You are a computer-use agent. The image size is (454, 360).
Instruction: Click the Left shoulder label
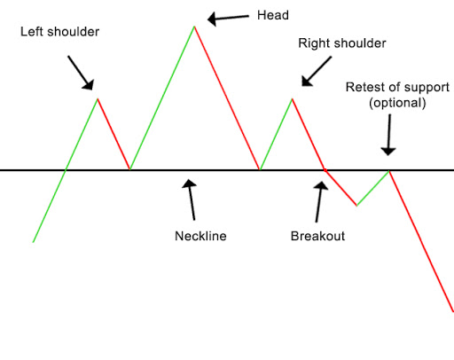click(59, 32)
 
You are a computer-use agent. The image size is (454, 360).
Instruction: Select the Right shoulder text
click(342, 43)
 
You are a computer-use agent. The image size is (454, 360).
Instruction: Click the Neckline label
click(201, 237)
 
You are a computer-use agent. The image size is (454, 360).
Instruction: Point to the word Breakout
click(317, 237)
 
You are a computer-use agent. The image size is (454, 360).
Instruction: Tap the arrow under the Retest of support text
click(387, 137)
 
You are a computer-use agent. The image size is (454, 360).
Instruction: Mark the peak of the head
click(194, 26)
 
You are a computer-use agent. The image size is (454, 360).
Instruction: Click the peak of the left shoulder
click(98, 98)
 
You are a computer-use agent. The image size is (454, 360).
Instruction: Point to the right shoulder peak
click(292, 98)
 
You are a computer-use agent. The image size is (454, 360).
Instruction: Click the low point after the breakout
click(356, 206)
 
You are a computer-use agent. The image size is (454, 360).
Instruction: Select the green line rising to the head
click(162, 98)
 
